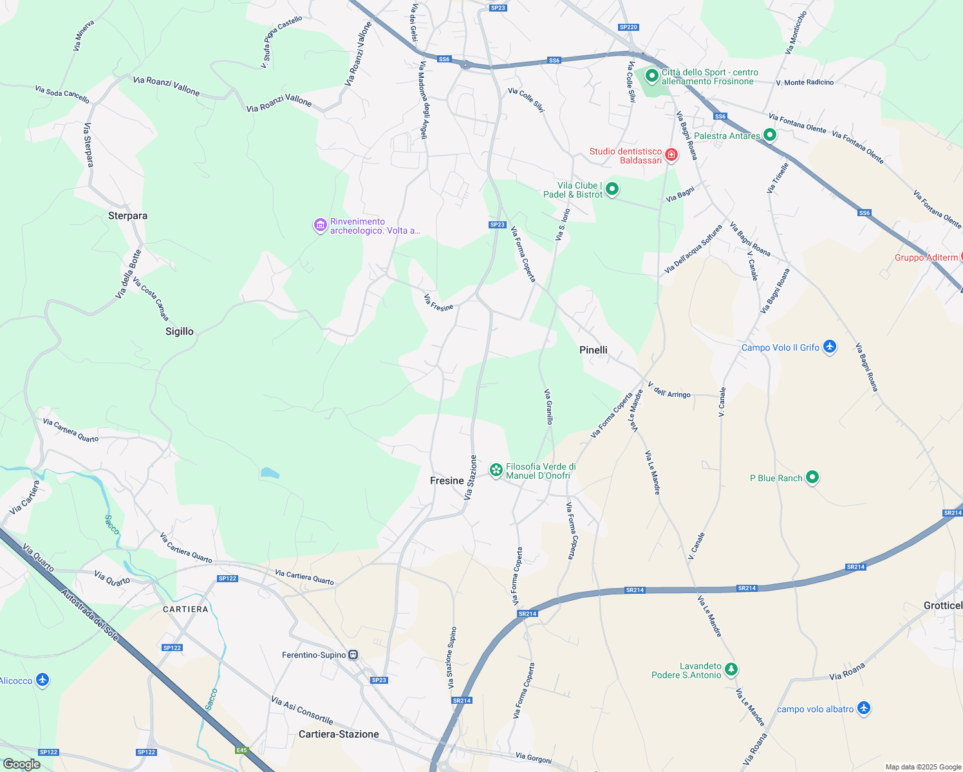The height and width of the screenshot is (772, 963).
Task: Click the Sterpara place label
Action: click(x=127, y=216)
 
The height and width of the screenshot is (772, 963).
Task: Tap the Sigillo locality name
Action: click(x=179, y=331)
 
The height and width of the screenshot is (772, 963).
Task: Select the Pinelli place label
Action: click(x=593, y=350)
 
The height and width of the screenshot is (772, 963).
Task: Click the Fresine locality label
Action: click(x=447, y=481)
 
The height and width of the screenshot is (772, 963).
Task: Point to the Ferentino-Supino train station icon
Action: click(x=353, y=655)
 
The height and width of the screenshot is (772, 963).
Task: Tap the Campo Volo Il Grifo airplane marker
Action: click(x=830, y=347)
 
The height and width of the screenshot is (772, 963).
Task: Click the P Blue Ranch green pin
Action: click(x=812, y=477)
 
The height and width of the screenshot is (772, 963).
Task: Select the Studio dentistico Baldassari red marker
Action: click(x=671, y=155)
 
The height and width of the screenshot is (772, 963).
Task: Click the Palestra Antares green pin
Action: click(x=770, y=135)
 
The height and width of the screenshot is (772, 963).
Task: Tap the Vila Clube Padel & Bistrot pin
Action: click(x=612, y=189)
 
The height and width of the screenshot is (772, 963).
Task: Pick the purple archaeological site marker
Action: click(x=321, y=225)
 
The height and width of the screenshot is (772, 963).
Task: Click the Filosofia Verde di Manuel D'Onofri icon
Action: click(x=496, y=470)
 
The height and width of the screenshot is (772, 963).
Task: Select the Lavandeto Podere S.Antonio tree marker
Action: click(x=731, y=670)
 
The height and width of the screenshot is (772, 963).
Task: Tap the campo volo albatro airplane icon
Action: click(x=864, y=708)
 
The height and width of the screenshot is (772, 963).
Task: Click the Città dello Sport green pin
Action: click(x=651, y=76)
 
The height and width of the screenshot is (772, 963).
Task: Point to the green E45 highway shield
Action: click(x=241, y=750)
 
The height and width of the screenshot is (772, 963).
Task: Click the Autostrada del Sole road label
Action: click(x=89, y=614)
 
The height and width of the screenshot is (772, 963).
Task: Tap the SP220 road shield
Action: click(x=628, y=27)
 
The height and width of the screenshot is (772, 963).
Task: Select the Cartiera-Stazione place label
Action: click(x=339, y=734)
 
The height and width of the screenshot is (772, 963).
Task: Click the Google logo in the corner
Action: click(x=21, y=764)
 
